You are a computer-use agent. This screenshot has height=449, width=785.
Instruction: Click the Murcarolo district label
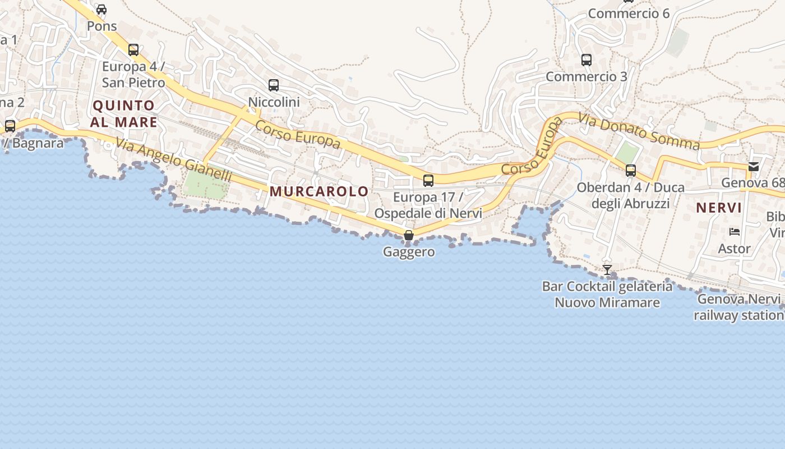coord(319,191)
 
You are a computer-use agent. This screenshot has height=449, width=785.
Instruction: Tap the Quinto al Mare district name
coord(124,113)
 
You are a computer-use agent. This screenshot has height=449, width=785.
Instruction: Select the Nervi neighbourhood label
coord(719,208)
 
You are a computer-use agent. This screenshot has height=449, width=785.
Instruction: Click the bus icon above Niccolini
coord(274,85)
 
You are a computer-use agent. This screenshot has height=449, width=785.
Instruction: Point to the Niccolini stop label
coord(274,102)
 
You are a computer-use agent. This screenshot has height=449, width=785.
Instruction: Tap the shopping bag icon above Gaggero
coord(409,235)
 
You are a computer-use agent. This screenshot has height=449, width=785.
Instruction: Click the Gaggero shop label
coord(409,252)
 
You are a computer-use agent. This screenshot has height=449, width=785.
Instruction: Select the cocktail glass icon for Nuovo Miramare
coord(607,270)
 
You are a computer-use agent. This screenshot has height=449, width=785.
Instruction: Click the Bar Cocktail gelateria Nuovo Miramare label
coord(607,295)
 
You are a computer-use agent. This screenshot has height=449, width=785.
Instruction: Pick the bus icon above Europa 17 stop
coord(428,181)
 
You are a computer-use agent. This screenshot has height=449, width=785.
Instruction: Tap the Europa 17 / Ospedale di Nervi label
coord(428,205)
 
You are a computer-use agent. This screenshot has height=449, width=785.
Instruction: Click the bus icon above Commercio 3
coord(587,59)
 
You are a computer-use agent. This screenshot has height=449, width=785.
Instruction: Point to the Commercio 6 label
coord(629,13)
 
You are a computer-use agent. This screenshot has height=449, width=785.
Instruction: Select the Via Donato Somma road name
coord(639,132)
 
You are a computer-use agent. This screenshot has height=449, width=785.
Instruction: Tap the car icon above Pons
coord(101,10)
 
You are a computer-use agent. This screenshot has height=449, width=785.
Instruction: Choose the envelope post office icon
coord(754,166)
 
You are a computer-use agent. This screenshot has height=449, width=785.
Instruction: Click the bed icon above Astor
coord(735,232)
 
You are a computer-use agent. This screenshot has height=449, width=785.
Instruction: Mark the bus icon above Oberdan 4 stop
coord(631,171)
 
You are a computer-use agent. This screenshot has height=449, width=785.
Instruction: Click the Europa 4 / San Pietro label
coord(133,75)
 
